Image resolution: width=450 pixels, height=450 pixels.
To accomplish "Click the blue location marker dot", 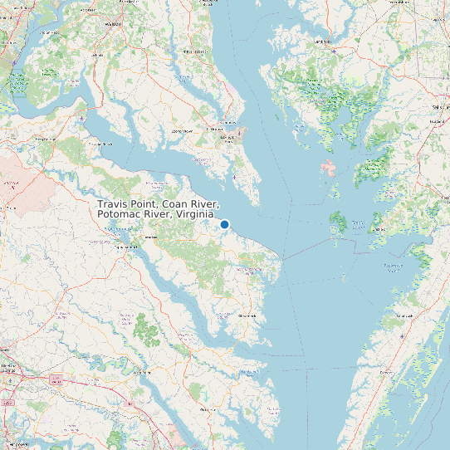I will click(x=224, y=224).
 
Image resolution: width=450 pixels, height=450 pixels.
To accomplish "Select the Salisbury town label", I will click(x=440, y=108).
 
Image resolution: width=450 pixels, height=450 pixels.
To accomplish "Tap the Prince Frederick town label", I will click(x=194, y=51).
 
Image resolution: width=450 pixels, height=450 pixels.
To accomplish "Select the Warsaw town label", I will click(x=151, y=237).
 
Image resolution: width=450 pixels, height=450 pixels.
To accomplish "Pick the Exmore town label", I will click(x=385, y=373).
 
